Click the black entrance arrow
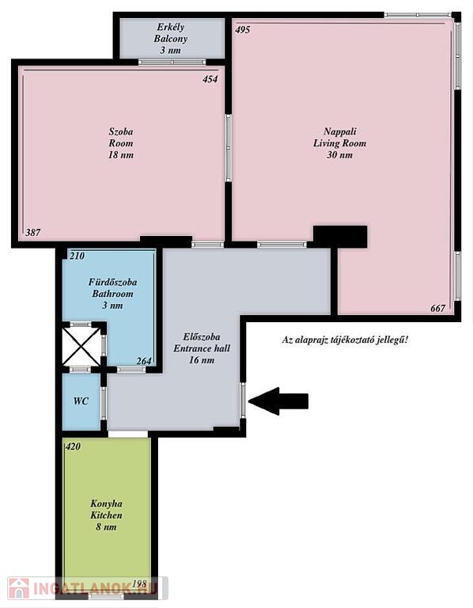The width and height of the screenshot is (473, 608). point(278,401)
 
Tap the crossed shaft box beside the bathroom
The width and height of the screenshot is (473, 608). point(81,346)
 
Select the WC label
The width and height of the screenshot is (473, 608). point(81,401)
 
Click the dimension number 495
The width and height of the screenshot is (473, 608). point(243,30)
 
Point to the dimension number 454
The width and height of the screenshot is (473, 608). point(210,79)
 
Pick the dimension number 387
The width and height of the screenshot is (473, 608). point(33,233)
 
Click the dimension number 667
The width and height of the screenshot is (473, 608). point(437,308)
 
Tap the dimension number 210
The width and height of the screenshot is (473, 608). point(77,256)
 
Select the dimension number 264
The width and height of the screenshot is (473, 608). point(144,361)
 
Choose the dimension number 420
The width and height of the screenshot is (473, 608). point(73,446)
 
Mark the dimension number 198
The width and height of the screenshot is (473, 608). point(139,583)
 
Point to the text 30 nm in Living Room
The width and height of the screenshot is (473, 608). point(339,155)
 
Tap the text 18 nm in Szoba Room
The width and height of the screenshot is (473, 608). point(120,155)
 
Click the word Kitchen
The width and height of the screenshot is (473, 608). point(106,515)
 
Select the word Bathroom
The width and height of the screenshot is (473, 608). point(112,294)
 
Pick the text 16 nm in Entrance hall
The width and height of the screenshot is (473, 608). point(202,360)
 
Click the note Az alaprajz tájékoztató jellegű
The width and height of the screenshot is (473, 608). point(345,340)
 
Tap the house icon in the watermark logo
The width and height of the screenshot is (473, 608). point(19,588)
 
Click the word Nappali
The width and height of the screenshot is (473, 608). point(340,131)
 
